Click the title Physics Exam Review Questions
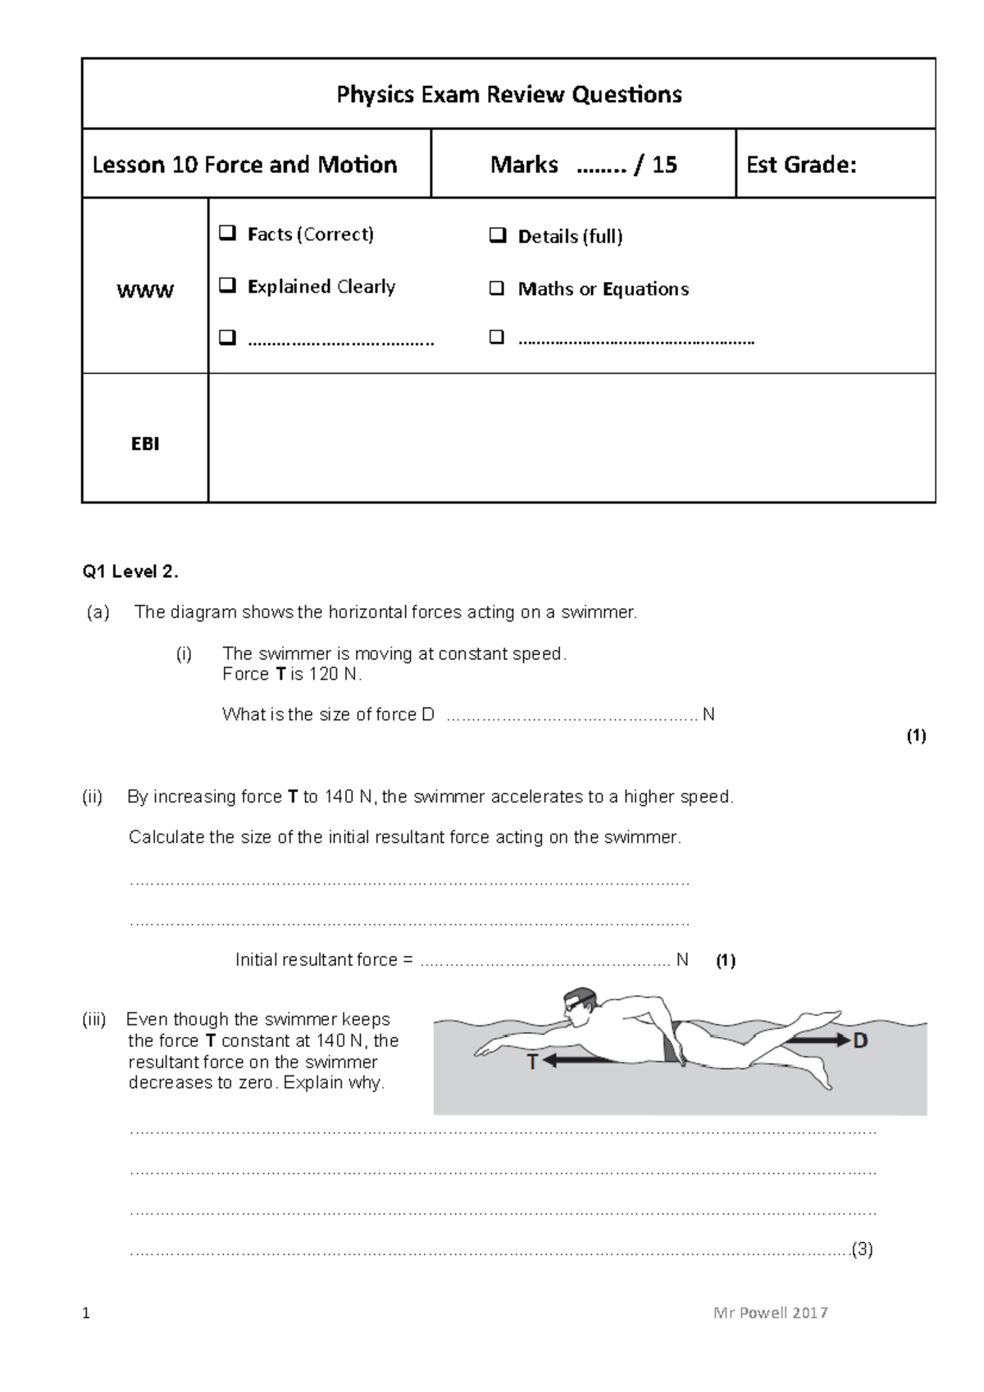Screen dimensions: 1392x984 pyautogui.click(x=508, y=94)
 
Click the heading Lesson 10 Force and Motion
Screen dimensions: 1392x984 pyautogui.click(x=244, y=165)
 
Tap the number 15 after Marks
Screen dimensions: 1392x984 pyautogui.click(x=664, y=165)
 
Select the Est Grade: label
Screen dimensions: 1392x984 pyautogui.click(x=800, y=165)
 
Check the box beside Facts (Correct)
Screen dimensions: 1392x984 pyautogui.click(x=227, y=234)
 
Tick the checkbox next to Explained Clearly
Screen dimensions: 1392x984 pyautogui.click(x=227, y=286)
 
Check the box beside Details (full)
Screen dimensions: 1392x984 pyautogui.click(x=497, y=237)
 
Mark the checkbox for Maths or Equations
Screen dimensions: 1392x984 pyautogui.click(x=497, y=289)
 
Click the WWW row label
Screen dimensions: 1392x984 pyautogui.click(x=145, y=291)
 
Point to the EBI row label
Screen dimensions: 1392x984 pyautogui.click(x=145, y=444)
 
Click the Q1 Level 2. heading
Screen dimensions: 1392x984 pyautogui.click(x=130, y=572)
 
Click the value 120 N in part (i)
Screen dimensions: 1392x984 pyautogui.click(x=334, y=674)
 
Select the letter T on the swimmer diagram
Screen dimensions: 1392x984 pyautogui.click(x=532, y=1062)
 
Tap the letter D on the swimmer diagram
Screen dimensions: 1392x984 pyautogui.click(x=860, y=1041)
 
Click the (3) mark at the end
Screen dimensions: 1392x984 pyautogui.click(x=862, y=1249)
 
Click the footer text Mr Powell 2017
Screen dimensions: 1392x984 pyautogui.click(x=770, y=1312)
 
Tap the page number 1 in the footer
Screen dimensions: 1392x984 pyautogui.click(x=86, y=1314)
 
